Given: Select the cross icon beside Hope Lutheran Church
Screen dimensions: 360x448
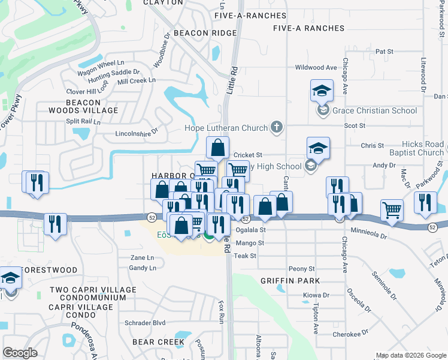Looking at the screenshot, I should [276, 127].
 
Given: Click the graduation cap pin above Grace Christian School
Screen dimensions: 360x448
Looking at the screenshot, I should [322, 92].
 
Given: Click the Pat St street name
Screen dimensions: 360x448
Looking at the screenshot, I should [384, 52].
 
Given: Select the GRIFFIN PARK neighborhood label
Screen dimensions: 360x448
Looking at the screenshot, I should [290, 281].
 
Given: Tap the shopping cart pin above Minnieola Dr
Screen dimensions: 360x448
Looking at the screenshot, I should [392, 211].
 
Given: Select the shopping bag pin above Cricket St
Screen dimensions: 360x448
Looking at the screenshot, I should [218, 147].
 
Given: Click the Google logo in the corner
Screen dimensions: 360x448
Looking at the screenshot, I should [20, 353].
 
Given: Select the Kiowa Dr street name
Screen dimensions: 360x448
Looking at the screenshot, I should [316, 295].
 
